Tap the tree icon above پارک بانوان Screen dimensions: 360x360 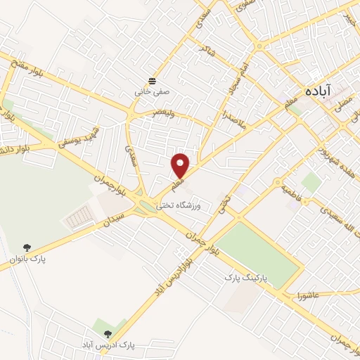(27, 247)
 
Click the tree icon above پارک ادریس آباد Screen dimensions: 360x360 (107, 334)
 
